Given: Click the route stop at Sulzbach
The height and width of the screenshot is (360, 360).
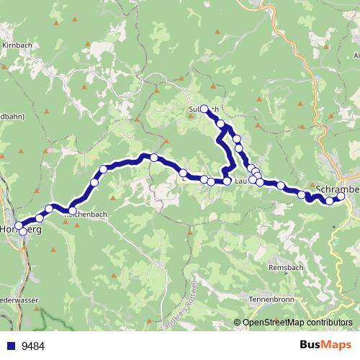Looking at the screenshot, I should pyautogui.click(x=204, y=109).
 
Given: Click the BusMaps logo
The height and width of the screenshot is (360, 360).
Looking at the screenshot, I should pyautogui.click(x=325, y=345).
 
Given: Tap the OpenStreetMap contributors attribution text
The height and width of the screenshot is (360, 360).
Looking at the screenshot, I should pyautogui.click(x=297, y=322).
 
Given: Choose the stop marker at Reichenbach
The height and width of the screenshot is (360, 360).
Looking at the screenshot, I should pyautogui.click(x=72, y=210).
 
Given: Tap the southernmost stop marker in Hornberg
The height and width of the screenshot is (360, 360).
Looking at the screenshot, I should pyautogui.click(x=22, y=232).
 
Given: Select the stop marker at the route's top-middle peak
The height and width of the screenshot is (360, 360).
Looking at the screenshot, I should pyautogui.click(x=153, y=156).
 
